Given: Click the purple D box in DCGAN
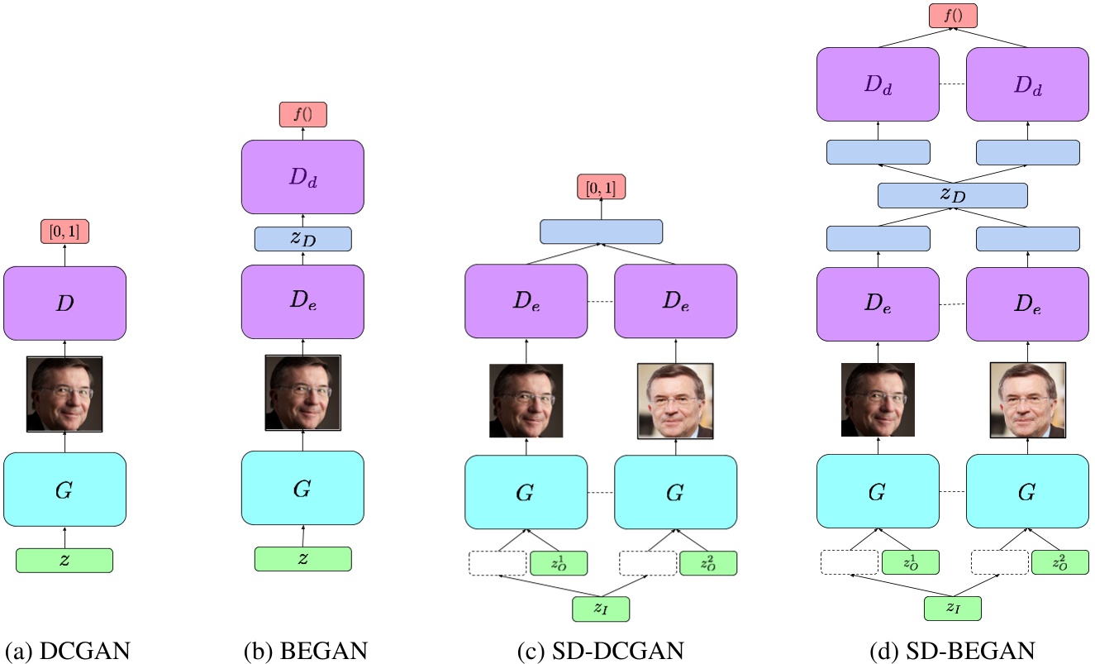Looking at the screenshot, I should point(64,303).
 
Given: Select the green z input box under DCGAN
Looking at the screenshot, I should point(64,560).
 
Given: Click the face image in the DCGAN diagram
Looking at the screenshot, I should point(64,394).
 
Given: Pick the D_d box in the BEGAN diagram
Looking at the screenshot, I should point(302,177).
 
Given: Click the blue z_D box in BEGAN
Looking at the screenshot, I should point(302,238).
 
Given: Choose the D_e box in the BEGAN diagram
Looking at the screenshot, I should point(302,303).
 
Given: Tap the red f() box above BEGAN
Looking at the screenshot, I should point(302,115).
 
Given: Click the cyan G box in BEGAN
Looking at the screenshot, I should point(302,489).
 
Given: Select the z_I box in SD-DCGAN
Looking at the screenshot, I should point(601,609).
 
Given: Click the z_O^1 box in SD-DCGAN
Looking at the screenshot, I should point(558,563).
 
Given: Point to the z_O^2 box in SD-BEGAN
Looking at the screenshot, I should point(1059,563).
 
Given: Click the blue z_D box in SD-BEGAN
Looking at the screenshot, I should point(952,195).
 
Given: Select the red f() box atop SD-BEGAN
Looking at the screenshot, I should point(952,16).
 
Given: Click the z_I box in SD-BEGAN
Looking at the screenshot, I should point(952,609).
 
